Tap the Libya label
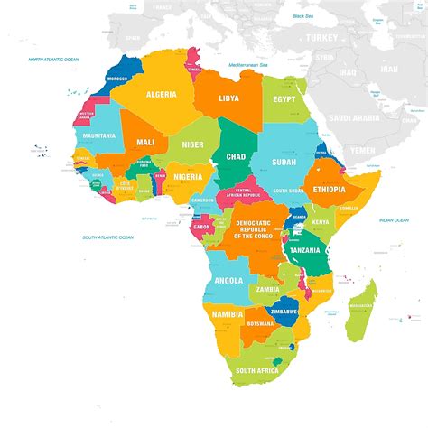coord(229,97)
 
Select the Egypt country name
coord(284,98)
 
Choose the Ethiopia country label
coord(330,190)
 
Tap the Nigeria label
coord(187,176)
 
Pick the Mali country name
coord(144,142)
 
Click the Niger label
coord(192,144)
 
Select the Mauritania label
coord(98,135)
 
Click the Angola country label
coord(228,280)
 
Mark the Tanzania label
coord(305,250)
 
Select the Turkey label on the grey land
coord(321,38)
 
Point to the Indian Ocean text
coord(394,219)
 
